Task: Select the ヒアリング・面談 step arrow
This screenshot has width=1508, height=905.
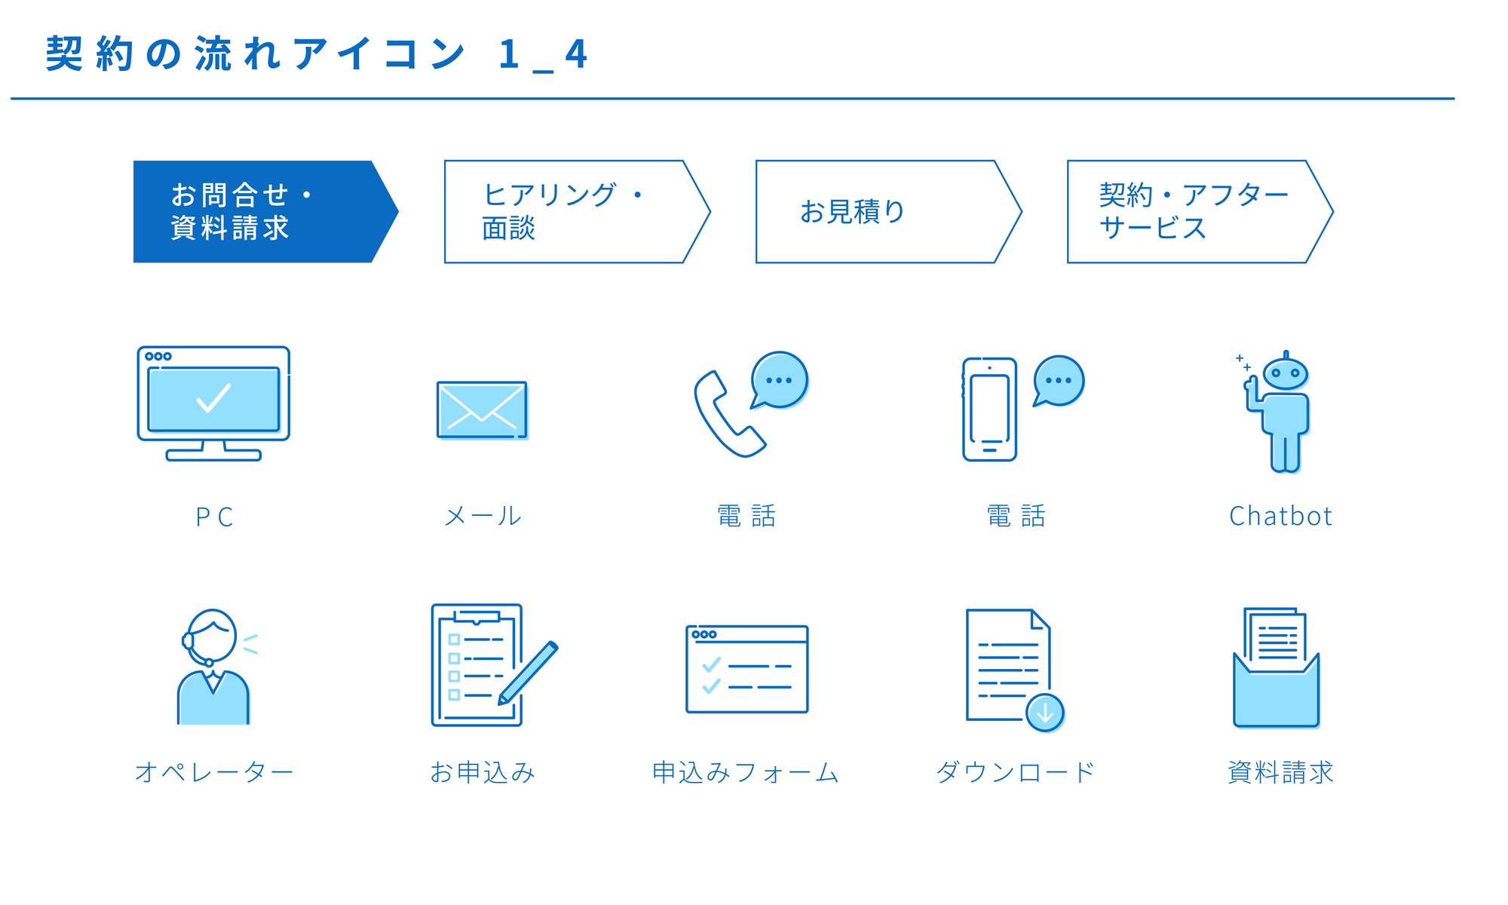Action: coord(577,212)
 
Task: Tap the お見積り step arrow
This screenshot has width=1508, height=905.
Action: coord(888,212)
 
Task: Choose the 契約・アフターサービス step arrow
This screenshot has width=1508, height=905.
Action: coord(1200,212)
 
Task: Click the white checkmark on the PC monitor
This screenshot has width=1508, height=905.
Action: coord(213,398)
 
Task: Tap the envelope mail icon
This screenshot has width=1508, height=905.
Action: coord(483,410)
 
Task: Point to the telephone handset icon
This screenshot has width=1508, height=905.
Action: coord(728,415)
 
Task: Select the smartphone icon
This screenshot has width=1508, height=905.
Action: coord(989,410)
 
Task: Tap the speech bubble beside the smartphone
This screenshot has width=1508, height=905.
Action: coord(1059,381)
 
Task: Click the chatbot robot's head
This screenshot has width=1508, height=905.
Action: coord(1286,372)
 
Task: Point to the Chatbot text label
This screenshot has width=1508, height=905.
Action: coord(1280,517)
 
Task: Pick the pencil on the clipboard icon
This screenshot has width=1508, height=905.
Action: coord(528,673)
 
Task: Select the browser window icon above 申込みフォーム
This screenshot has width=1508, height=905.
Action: coord(746,669)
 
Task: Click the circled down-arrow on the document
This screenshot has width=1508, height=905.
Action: coord(1045,712)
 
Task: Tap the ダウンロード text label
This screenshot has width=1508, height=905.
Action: coord(1015,772)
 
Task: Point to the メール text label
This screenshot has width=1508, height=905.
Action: coord(483,517)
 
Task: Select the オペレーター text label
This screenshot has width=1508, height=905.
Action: coord(213,772)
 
